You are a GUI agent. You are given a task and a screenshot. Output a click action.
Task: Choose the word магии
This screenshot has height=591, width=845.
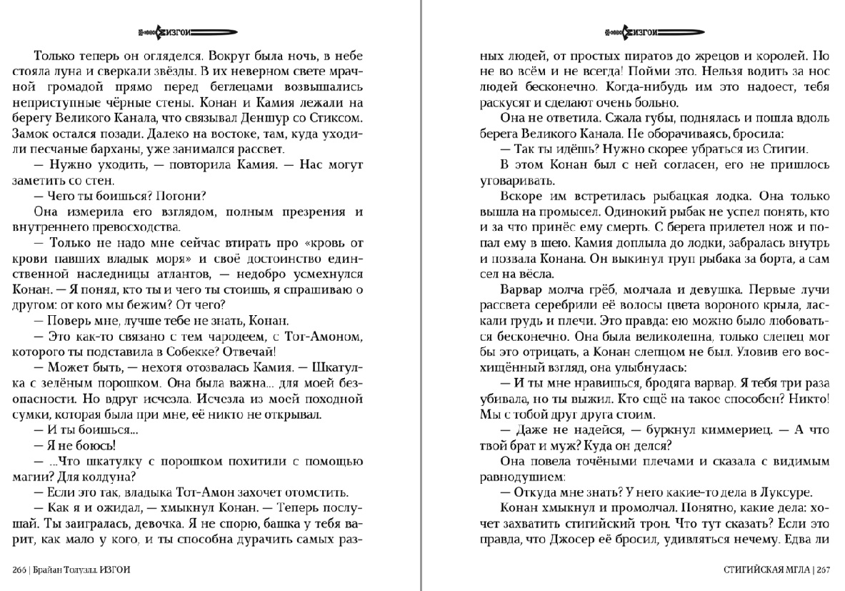point(31,477)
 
